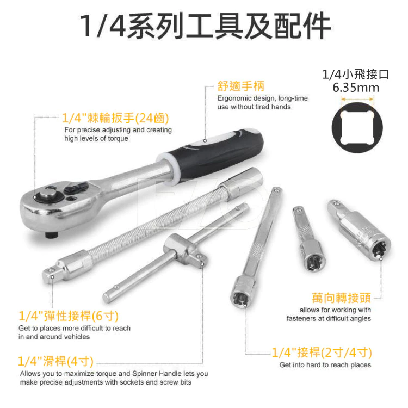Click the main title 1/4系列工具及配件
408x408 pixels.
[204, 24]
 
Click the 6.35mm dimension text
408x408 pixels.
[356, 88]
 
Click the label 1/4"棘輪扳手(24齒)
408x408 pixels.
[115, 118]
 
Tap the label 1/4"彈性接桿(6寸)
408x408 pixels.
[69, 316]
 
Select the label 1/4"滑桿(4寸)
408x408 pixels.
[57, 361]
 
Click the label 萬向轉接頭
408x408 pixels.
[341, 298]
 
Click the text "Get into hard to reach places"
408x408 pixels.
[325, 365]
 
